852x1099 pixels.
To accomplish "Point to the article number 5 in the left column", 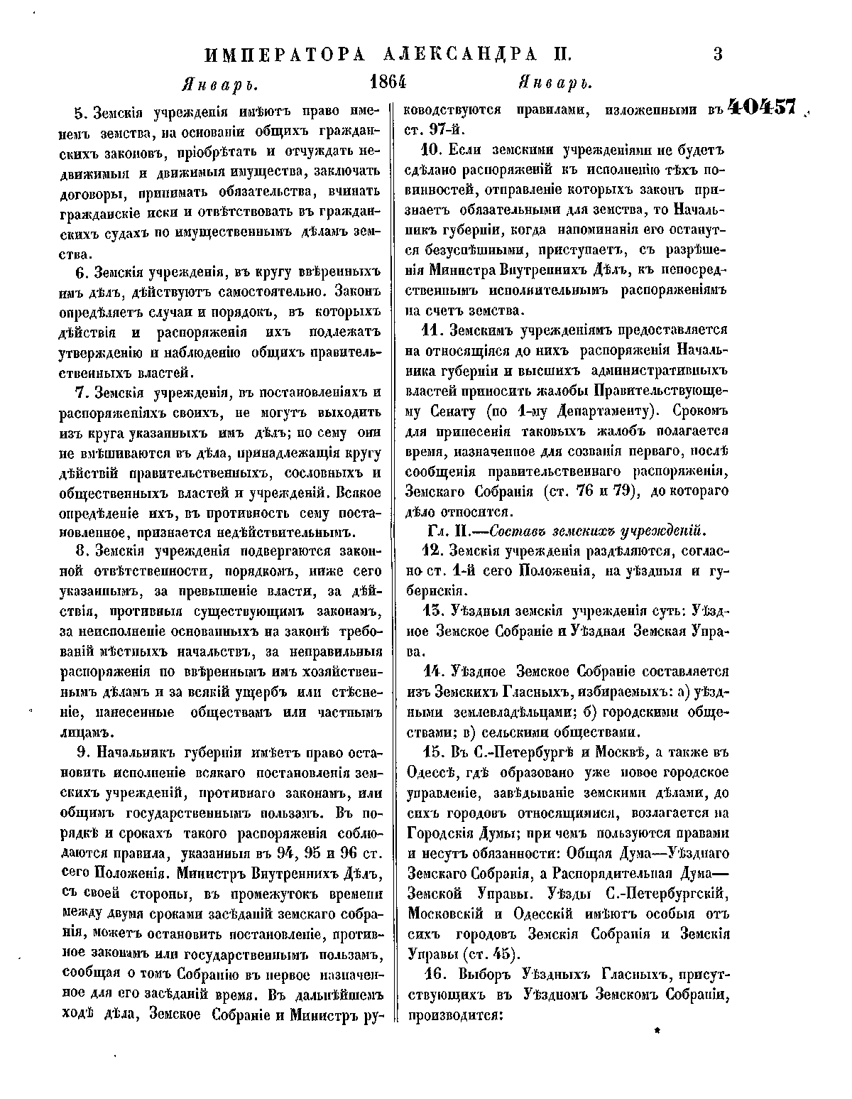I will coord(79,112).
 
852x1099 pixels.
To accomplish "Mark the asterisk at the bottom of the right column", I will coord(657,1038).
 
